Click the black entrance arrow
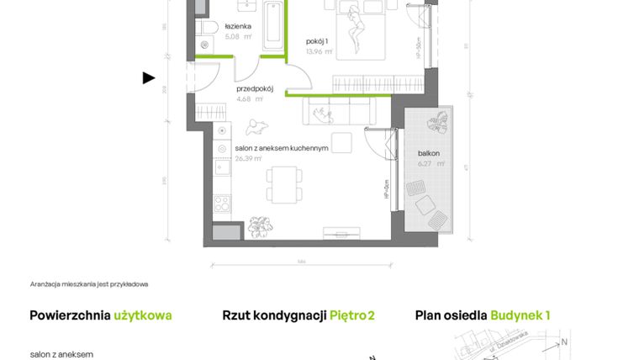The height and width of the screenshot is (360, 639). click(x=149, y=78)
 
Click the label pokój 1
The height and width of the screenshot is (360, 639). click(x=316, y=40)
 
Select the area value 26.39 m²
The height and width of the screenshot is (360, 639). click(x=250, y=157)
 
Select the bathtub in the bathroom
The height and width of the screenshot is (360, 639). click(x=273, y=28)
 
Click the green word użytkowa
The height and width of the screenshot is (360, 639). click(x=144, y=315)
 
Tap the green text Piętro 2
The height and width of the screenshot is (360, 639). click(x=351, y=315)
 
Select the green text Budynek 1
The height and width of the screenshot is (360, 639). click(x=520, y=315)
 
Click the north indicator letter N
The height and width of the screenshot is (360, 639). click(x=564, y=341)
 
